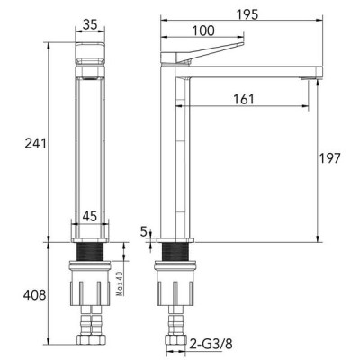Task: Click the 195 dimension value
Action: point(247,14)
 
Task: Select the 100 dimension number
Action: point(203,31)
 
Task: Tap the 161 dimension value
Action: point(244,99)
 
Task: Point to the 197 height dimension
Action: point(329,158)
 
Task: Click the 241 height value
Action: point(35,143)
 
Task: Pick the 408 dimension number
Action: point(35,295)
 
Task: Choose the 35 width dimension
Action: point(90,24)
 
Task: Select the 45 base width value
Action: point(90,216)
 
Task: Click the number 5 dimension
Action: point(144,231)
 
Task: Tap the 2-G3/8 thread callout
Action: point(211,345)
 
